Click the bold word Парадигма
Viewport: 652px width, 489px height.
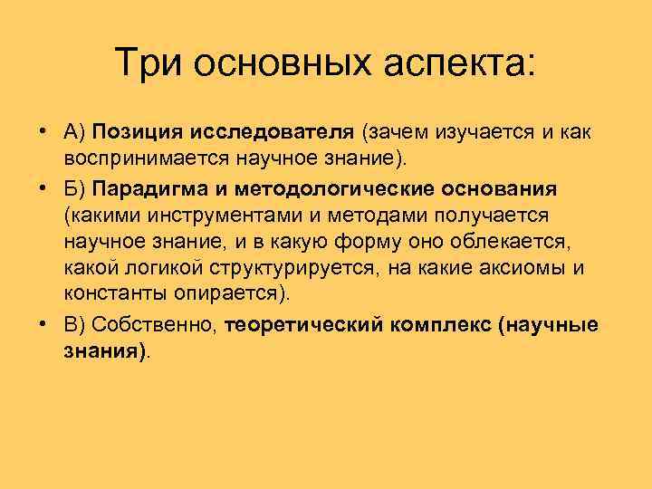[x=151, y=190]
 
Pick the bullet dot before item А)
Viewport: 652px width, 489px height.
[x=44, y=133]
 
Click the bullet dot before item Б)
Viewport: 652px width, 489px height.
[x=44, y=190]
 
